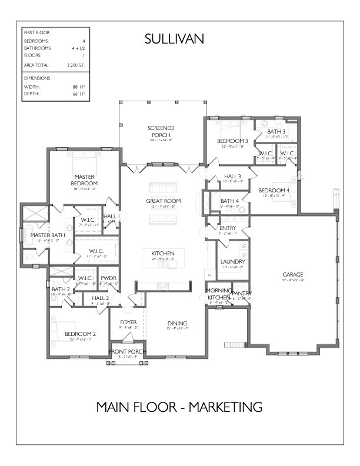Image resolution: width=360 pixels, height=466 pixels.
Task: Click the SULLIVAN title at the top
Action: click(174, 39)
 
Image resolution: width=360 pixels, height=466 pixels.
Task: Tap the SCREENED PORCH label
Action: click(161, 131)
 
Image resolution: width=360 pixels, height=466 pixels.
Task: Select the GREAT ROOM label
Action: click(164, 201)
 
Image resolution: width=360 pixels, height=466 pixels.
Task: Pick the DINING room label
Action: click(176, 324)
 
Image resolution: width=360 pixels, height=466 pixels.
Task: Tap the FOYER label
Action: click(128, 322)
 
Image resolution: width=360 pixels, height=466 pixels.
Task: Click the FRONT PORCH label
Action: click(128, 352)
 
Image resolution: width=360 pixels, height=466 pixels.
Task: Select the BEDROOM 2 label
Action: click(80, 334)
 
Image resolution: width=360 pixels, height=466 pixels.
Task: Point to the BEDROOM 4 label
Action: click(274, 190)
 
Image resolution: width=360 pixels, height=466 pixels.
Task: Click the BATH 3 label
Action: click(276, 131)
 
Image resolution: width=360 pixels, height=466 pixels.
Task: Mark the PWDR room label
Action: click(108, 278)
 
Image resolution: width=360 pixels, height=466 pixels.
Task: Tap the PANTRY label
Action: click(241, 294)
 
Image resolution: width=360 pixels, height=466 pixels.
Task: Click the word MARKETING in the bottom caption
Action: click(220, 407)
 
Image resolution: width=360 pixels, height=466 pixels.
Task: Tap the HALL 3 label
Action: click(232, 176)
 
